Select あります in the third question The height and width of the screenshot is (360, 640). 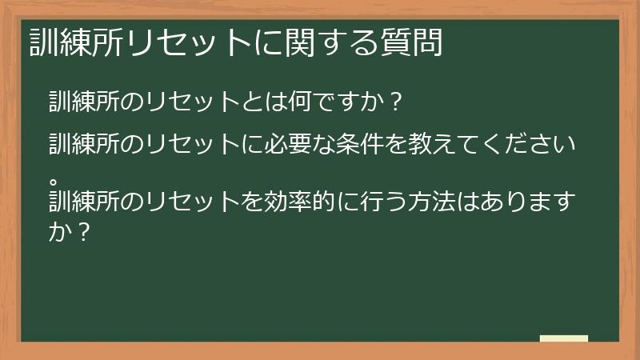pos(536,196)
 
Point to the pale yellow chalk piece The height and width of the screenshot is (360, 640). pos(563,338)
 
